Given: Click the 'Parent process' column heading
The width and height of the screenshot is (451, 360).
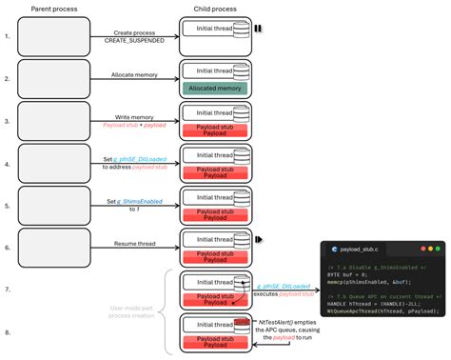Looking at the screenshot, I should (54, 10).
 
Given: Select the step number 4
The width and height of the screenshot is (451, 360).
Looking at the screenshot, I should (8, 163).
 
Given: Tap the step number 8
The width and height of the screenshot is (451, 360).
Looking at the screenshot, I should (8, 332).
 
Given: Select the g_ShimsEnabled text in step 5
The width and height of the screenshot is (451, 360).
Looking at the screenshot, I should (141, 201).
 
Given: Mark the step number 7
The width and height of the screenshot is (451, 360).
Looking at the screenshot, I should (8, 288).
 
